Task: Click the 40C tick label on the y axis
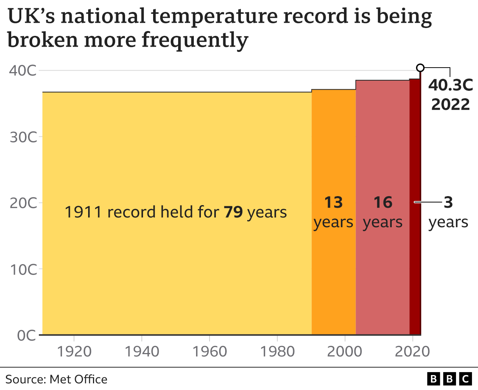(x=23, y=70)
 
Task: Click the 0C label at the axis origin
(x=27, y=335)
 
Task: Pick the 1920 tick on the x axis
(x=74, y=352)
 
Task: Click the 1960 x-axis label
(x=209, y=352)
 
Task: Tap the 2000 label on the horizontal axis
(x=345, y=352)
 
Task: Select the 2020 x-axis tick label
(x=412, y=352)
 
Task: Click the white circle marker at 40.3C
(x=420, y=68)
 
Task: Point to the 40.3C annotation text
(x=450, y=85)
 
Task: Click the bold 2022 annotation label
(x=450, y=104)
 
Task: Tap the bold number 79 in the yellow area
(x=233, y=212)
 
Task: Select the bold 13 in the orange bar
(x=333, y=202)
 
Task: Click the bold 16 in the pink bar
(x=383, y=202)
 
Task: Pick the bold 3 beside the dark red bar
(x=448, y=202)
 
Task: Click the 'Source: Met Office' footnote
(x=56, y=380)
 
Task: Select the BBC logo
(x=449, y=379)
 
